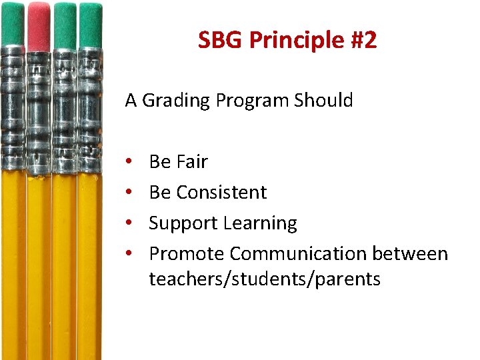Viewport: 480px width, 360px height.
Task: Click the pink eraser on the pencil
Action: tap(39, 25)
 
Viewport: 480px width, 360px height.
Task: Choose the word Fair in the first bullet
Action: tap(193, 162)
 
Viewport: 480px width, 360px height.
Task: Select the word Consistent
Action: tap(221, 193)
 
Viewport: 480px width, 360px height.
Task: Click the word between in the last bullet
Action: tap(410, 254)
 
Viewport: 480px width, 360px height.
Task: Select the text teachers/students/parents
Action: tap(265, 279)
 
